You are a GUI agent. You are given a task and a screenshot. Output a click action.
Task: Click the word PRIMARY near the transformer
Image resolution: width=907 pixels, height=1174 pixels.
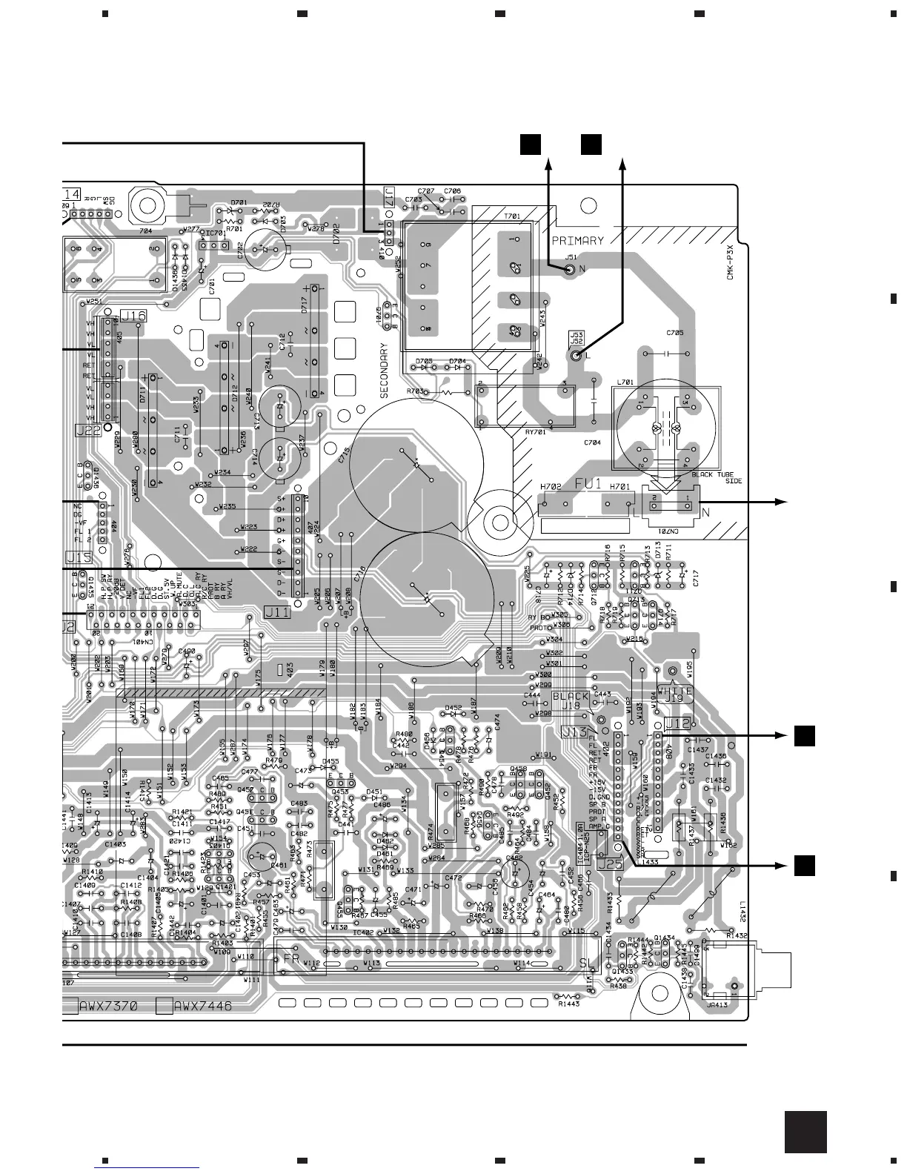pos(577,240)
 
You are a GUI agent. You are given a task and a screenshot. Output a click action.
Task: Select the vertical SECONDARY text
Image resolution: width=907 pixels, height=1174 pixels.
pos(385,371)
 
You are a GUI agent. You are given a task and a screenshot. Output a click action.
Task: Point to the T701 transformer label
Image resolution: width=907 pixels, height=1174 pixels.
pos(512,216)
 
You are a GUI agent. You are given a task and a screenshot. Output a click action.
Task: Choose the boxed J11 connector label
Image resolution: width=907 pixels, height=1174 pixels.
pos(277,612)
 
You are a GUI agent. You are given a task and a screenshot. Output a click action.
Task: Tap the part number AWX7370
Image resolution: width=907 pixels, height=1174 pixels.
pos(110,1006)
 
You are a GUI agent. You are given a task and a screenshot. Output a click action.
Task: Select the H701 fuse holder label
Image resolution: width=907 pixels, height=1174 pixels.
pos(619,487)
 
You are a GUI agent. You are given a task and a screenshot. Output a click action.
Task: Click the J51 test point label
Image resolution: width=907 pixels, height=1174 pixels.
pos(571,257)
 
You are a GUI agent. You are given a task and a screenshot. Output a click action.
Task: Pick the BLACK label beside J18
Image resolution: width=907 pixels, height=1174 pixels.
pos(571,697)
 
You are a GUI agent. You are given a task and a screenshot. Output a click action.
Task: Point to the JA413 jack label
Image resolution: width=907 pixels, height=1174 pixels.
pos(716,1006)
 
